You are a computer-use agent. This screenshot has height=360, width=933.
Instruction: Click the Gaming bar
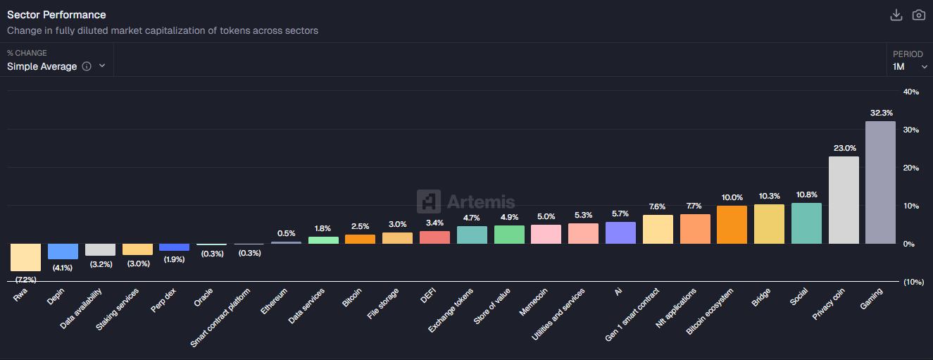point(880,182)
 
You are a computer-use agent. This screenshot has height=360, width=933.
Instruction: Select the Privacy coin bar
point(844,200)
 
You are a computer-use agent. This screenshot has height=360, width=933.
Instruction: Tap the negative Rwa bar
point(25,257)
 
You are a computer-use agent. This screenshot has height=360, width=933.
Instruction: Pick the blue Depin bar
point(63,252)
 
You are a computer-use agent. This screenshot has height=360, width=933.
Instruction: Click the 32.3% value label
point(881,113)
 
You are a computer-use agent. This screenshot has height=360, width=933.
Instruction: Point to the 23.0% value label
point(844,148)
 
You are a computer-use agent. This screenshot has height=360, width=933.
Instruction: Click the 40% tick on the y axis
point(910,92)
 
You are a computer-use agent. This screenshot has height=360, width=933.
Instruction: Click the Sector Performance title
point(56,15)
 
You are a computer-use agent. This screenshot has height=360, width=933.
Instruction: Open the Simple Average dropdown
point(56,66)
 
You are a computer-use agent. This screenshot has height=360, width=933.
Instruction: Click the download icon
point(896,15)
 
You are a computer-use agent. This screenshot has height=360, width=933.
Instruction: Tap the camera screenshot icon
point(918,15)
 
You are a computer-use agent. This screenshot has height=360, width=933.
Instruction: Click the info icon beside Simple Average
point(87,66)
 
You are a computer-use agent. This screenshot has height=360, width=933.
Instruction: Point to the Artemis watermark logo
point(465,202)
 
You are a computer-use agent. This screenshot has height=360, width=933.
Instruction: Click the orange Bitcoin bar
point(360,239)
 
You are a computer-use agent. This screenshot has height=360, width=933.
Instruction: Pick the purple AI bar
point(620,232)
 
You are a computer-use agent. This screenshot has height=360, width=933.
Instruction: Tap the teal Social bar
point(806,223)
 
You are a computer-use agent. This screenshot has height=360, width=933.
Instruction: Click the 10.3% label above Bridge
point(769,196)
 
